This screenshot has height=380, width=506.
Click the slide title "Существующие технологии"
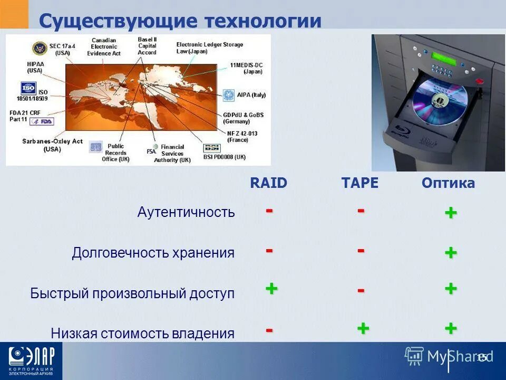(180, 21)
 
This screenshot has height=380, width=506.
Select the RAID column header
(268, 183)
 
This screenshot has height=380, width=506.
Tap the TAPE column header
(360, 183)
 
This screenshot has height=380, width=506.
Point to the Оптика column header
(448, 183)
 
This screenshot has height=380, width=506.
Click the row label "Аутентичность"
(186, 212)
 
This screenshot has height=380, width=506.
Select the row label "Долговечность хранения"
(153, 253)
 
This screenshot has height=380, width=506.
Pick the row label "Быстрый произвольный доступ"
(132, 293)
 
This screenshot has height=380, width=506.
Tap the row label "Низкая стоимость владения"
(142, 334)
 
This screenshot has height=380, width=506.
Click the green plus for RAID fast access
(271, 289)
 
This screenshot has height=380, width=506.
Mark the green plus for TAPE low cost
(363, 328)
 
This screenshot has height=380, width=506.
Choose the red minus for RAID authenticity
(269, 210)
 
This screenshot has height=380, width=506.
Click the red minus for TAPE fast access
(361, 290)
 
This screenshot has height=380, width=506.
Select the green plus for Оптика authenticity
(450, 213)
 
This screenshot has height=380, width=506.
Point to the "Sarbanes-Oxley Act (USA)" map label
(52, 145)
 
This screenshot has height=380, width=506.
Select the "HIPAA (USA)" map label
(35, 66)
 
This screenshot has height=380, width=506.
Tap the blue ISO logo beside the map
(28, 88)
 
